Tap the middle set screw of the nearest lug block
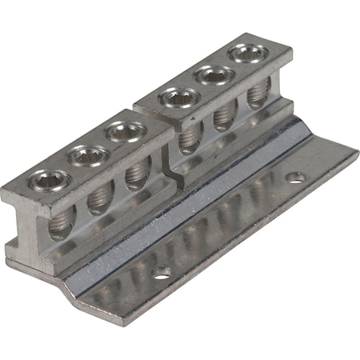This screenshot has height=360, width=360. [x=87, y=155]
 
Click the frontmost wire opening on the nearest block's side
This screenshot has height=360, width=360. [x=60, y=226]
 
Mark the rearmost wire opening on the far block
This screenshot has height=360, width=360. [x=256, y=94]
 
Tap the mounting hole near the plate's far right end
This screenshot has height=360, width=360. [x=297, y=177]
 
